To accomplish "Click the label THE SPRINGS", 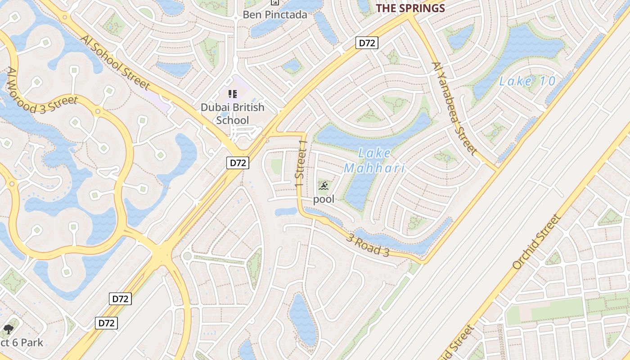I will click(410, 8).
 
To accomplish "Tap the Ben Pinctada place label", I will click(275, 14).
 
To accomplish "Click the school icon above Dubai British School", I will click(232, 94).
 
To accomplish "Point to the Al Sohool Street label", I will click(115, 61).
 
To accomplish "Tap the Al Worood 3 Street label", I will click(42, 92).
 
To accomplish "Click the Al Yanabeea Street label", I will click(454, 108).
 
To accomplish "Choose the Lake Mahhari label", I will click(374, 161).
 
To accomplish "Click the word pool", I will click(324, 199).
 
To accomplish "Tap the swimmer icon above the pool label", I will click(324, 186).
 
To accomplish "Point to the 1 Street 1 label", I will click(301, 165).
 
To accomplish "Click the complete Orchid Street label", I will click(536, 242).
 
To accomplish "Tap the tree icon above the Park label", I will click(8, 330).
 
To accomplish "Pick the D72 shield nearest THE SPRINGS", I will click(367, 43).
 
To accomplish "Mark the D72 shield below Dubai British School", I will click(237, 163).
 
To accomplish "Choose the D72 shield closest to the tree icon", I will click(106, 323).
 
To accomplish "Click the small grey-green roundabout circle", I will click(187, 256).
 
